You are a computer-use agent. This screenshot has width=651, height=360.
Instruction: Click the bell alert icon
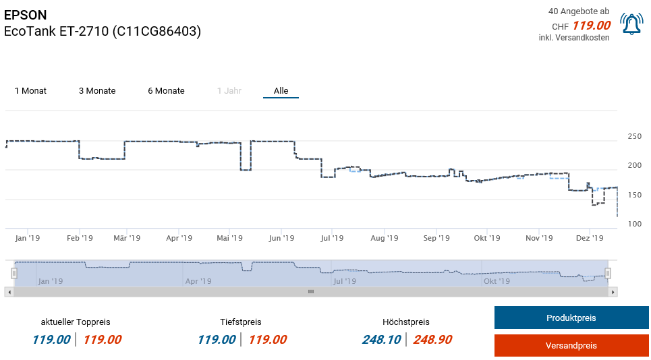631,24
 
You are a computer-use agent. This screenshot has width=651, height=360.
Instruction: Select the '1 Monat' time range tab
30,91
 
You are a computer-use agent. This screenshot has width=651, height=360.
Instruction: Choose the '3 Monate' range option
97,91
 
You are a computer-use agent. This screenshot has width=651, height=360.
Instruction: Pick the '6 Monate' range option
166,91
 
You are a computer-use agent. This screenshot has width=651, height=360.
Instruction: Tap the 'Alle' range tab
281,91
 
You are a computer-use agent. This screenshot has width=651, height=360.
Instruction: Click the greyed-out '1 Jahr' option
229,91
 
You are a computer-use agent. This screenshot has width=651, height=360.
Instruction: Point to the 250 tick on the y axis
634,137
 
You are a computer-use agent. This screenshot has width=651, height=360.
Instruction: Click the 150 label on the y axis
634,196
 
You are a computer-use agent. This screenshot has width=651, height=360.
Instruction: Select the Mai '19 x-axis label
229,238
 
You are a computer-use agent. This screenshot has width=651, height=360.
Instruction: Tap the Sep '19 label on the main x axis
436,238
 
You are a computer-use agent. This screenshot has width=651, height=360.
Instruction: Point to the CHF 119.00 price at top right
591,26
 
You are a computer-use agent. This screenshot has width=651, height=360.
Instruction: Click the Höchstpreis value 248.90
432,340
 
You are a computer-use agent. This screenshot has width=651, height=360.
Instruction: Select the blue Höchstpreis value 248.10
382,340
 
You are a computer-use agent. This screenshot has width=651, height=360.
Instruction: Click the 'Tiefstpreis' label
240,322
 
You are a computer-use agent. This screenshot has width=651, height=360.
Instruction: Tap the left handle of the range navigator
13,272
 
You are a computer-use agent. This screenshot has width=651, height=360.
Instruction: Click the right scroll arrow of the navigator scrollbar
613,292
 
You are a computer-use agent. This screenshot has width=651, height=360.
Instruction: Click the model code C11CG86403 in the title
157,32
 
